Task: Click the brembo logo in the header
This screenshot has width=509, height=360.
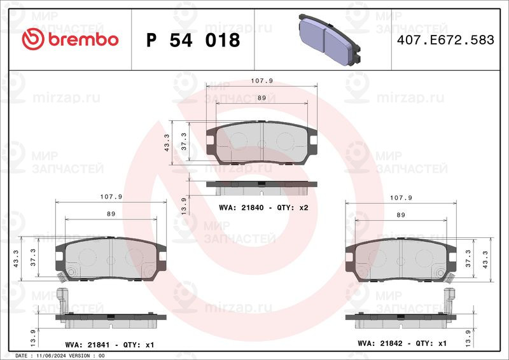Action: (x=70, y=39)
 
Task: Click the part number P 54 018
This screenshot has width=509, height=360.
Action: (x=193, y=40)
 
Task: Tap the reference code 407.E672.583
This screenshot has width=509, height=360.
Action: (x=445, y=40)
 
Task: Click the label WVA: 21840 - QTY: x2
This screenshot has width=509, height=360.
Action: (x=263, y=207)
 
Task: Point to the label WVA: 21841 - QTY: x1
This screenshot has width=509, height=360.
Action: (x=109, y=345)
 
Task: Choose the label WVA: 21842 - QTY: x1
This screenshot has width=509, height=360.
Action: (x=402, y=343)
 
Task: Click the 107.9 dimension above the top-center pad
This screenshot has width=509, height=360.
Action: (x=261, y=81)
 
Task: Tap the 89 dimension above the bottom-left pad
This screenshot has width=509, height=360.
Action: (x=111, y=214)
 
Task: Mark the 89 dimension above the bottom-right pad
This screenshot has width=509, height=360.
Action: (x=401, y=214)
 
